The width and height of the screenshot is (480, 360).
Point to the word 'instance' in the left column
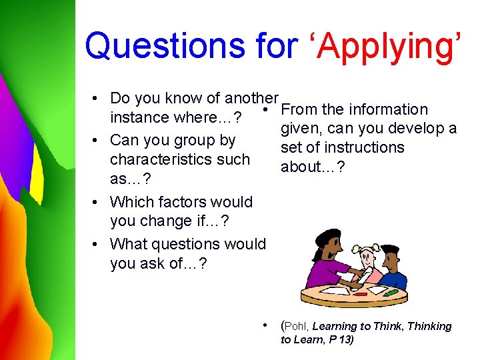tap(138, 117)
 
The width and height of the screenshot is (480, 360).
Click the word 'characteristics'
tap(179, 159)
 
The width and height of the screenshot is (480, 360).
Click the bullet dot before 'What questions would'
tap(97, 245)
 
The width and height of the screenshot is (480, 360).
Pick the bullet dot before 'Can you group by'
tap(97, 141)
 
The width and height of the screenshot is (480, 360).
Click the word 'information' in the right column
tap(387, 109)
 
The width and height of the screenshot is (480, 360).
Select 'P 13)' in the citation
tap(339, 340)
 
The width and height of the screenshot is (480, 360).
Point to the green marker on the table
tap(391, 292)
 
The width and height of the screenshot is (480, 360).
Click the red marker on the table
tap(361, 294)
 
